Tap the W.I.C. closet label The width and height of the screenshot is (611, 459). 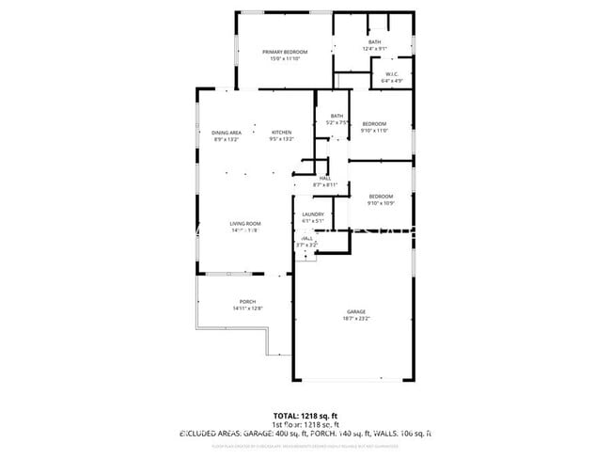tap(392, 74)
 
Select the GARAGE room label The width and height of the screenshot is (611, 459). tap(355, 311)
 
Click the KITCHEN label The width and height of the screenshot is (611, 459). tap(282, 133)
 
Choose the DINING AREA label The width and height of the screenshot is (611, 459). tap(227, 133)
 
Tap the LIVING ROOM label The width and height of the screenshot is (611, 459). tap(244, 223)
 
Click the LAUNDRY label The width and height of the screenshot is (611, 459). tap(313, 214)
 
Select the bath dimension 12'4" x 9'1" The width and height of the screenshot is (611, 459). tap(374, 49)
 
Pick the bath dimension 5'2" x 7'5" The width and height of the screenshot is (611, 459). tap(337, 122)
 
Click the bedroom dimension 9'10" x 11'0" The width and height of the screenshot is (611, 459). tap(374, 131)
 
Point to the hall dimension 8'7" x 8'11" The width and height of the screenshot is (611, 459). tap(325, 184)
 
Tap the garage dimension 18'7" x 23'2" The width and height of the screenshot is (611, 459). tap(355, 319)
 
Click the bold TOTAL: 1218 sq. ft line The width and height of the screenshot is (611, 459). tap(305, 415)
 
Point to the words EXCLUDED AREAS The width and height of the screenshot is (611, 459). tap(211, 434)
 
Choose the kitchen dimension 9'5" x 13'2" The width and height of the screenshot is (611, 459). tap(282, 139)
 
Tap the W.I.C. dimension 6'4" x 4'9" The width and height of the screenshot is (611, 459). tap(392, 81)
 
